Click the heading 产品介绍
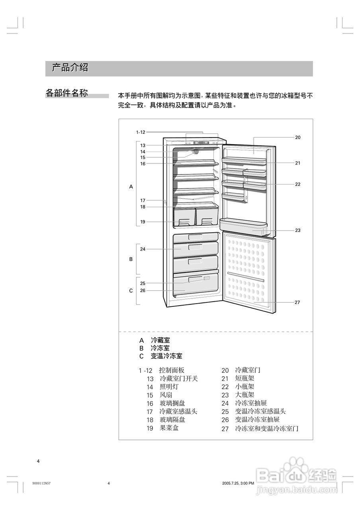70,68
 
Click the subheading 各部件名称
67,93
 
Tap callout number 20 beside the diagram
297,137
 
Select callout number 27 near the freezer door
297,302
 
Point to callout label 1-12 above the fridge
141,132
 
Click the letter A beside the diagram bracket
131,186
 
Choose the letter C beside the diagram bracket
131,291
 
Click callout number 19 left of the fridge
143,222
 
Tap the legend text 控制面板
172,370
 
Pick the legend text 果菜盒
169,428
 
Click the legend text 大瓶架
245,395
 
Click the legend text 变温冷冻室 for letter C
166,356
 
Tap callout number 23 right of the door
297,230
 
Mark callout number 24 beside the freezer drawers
143,249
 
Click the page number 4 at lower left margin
38,461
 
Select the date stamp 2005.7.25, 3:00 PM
238,483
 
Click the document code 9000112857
41,483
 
